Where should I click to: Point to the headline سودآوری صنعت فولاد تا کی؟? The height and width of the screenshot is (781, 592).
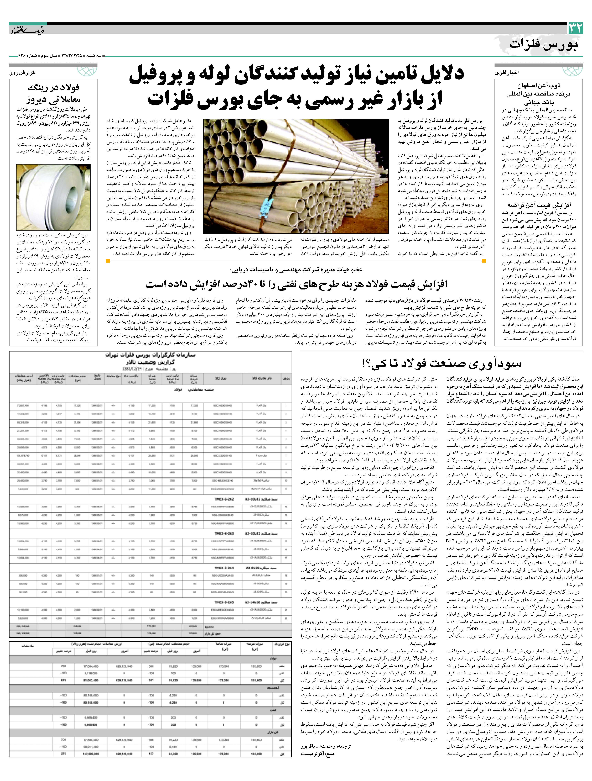442,364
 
